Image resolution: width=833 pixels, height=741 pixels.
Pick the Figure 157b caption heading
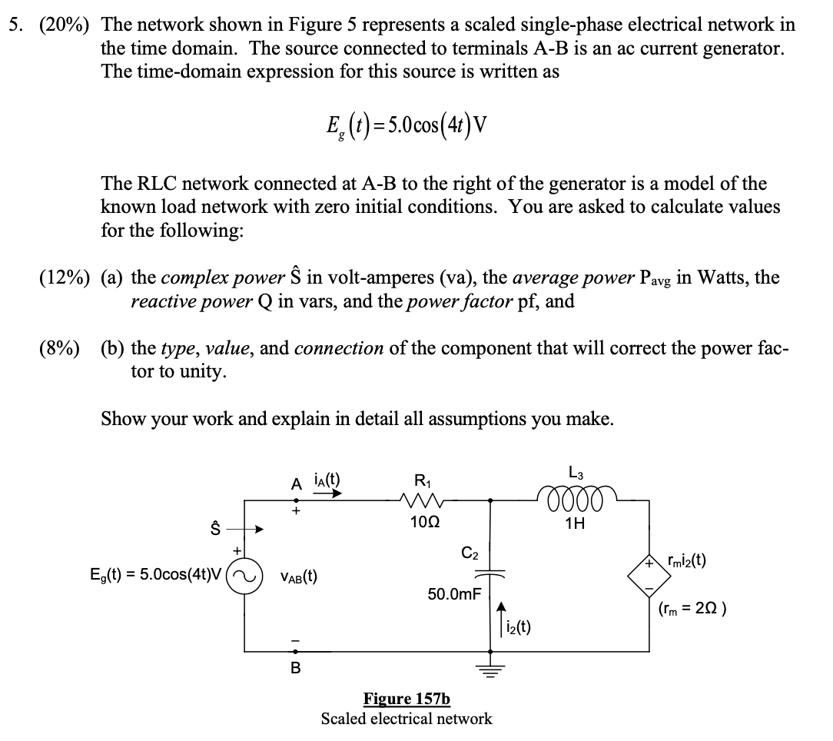407,699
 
